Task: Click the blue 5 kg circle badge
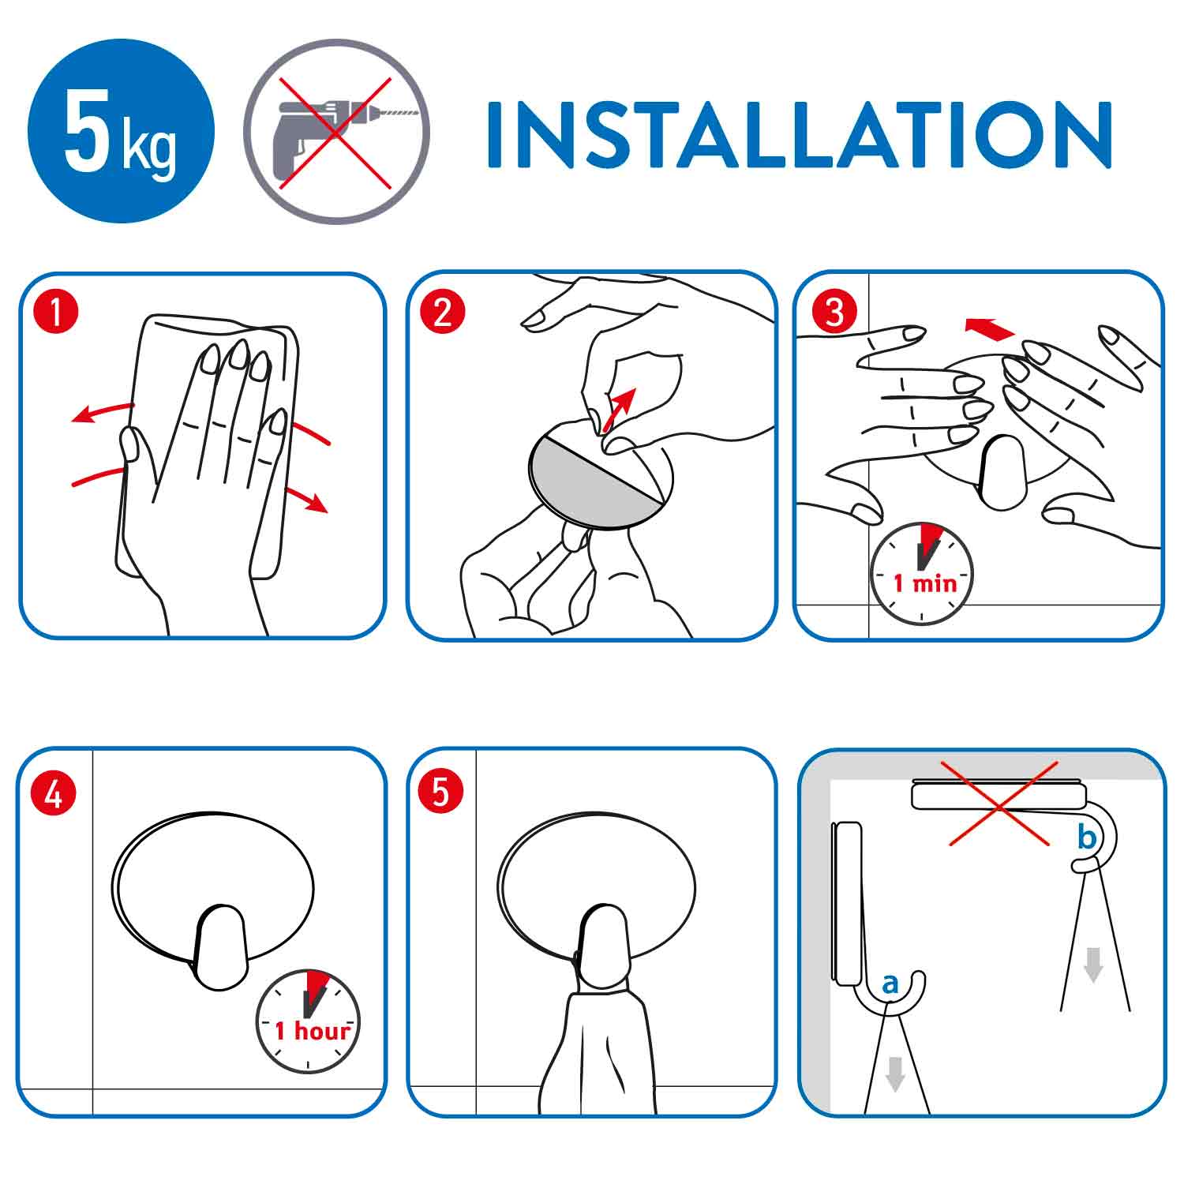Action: (x=121, y=131)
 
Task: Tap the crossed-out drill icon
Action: (x=336, y=131)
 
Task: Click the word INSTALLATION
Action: (x=800, y=134)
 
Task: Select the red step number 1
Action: (x=56, y=312)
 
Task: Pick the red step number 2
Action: (x=443, y=312)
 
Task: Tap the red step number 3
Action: (x=834, y=312)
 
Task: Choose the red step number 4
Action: (x=54, y=792)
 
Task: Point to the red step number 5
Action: (x=440, y=792)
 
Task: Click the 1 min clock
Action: (x=921, y=574)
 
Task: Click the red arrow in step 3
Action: (x=990, y=328)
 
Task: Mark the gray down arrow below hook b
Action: (x=1093, y=964)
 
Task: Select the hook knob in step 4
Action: (x=220, y=947)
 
